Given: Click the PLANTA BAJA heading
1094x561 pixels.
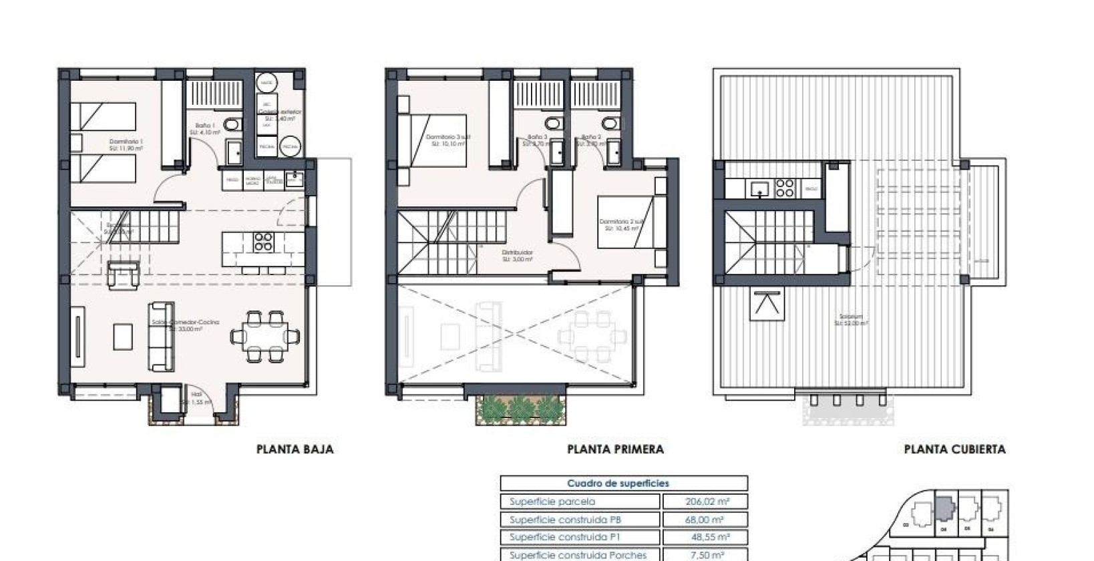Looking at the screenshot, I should click(x=295, y=449).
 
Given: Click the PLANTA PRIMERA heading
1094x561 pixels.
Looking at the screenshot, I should click(x=615, y=449).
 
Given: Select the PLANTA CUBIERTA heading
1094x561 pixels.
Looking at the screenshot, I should click(x=954, y=449).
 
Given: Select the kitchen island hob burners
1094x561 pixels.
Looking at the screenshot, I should click(x=263, y=242).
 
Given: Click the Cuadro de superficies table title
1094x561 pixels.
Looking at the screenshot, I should click(x=618, y=483).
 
